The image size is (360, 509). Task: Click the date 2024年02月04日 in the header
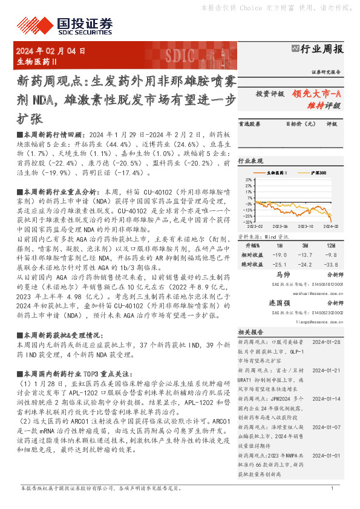tap(51, 51)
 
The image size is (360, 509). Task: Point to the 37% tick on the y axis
tap(249, 180)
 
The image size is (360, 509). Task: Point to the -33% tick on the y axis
tap(249, 222)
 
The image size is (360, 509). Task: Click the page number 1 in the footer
tap(332, 488)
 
